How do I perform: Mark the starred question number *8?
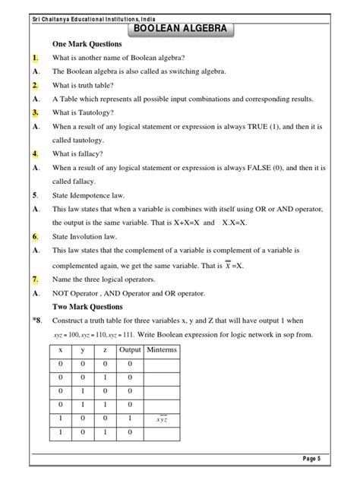click(36, 321)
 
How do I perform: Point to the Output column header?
click(130, 350)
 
